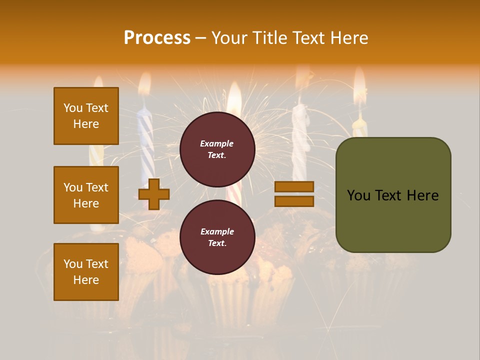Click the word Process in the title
[157, 38]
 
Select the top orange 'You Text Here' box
[86, 116]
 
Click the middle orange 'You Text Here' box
[86, 195]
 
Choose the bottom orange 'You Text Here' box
[86, 272]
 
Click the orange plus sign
[154, 193]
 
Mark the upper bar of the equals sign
[294, 186]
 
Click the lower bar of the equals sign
[294, 201]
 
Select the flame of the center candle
[234, 97]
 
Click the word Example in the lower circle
[217, 231]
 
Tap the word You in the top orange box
[73, 108]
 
